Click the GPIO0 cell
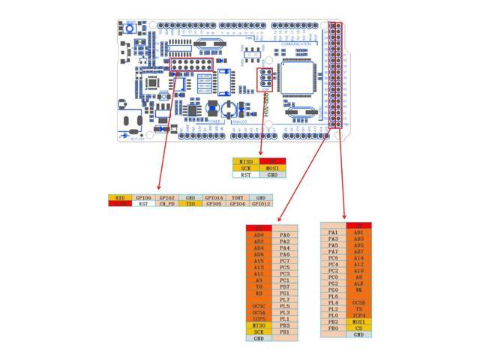click(x=142, y=197)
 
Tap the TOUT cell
click(x=238, y=197)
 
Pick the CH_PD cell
click(x=166, y=203)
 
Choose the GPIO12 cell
click(x=261, y=203)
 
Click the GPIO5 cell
click(x=214, y=203)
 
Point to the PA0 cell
click(x=284, y=235)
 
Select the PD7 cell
click(x=284, y=286)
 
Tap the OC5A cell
click(x=259, y=313)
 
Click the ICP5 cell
click(x=259, y=319)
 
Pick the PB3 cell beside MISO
click(x=284, y=325)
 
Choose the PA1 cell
click(x=333, y=232)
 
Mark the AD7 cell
click(x=358, y=251)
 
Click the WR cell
click(x=358, y=290)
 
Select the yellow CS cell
click(x=358, y=328)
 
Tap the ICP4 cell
click(x=358, y=316)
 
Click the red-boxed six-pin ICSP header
click(x=265, y=79)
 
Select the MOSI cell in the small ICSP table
click(x=272, y=168)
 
